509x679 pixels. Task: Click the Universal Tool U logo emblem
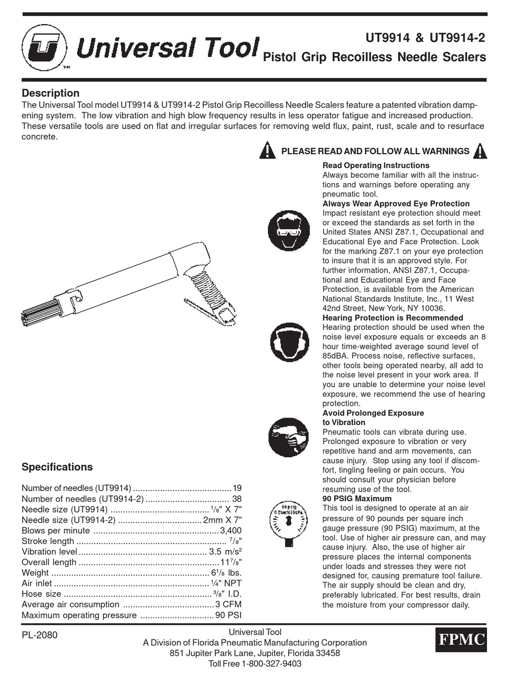pos(44,48)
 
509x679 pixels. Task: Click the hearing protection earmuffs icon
pos(288,343)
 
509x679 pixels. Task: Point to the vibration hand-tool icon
pos(288,437)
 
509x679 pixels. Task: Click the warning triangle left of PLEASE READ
pos(267,150)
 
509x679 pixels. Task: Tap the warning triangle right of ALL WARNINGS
pos(480,150)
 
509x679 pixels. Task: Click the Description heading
pos(50,93)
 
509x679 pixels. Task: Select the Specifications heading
pos(57,467)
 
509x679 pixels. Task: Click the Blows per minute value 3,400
pos(231,531)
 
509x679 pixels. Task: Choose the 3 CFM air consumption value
pos(229,605)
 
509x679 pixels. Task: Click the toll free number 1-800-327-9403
pos(272,663)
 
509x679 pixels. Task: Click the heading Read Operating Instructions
pos(376,165)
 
